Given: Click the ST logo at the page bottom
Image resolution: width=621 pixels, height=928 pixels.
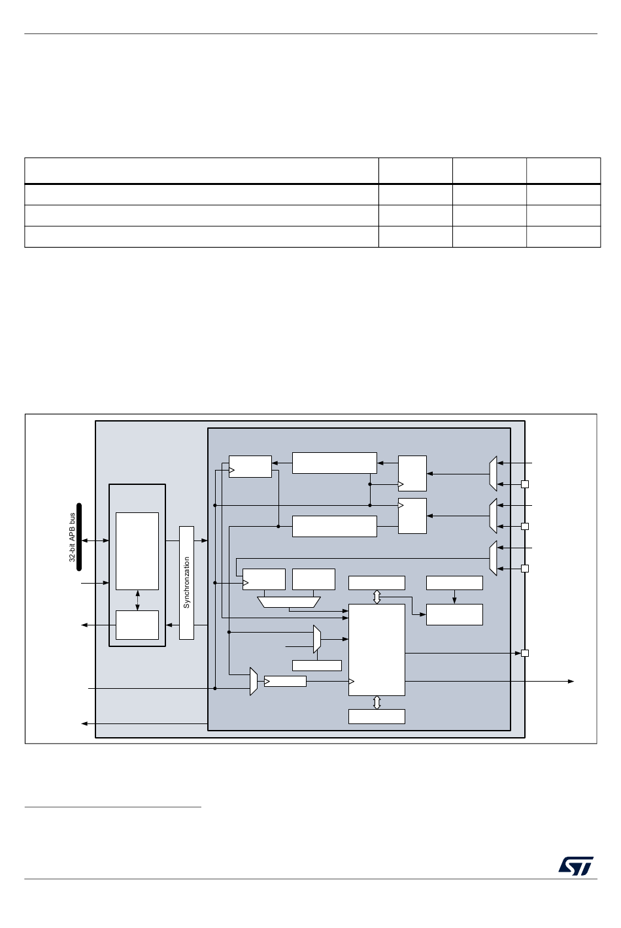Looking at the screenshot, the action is click(x=575, y=866).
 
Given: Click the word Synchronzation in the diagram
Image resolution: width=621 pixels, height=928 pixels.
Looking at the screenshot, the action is click(x=186, y=582).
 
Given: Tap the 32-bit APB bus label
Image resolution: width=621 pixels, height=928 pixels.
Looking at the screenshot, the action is click(x=72, y=537).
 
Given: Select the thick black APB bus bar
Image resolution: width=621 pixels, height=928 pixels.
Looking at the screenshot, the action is click(x=79, y=537).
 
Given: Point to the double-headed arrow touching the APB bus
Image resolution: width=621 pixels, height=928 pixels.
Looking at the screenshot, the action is click(x=95, y=540).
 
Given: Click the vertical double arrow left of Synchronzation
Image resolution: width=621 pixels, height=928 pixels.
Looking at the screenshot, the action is click(x=137, y=601).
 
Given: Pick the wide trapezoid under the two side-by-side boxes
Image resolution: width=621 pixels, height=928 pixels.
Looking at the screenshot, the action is click(x=289, y=602).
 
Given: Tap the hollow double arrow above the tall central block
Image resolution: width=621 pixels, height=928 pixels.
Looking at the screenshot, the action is click(x=377, y=597).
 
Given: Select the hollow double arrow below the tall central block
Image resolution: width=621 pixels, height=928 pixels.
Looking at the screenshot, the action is click(x=377, y=703).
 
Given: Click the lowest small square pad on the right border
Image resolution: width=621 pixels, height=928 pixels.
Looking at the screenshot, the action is click(x=524, y=654).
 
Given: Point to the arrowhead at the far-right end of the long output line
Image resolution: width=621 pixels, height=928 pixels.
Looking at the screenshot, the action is click(x=571, y=682).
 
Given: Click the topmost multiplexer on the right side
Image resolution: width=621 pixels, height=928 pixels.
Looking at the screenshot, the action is click(x=493, y=474).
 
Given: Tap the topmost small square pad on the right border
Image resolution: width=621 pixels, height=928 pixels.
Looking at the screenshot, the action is click(x=524, y=484).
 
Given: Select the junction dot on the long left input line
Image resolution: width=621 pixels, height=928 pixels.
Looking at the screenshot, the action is click(x=215, y=689).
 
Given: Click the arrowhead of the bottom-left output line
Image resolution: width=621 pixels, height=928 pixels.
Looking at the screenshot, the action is click(x=84, y=723).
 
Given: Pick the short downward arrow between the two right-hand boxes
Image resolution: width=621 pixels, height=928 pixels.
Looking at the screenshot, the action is click(x=454, y=597).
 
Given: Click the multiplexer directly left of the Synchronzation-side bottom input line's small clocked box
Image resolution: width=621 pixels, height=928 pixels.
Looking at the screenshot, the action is click(x=254, y=682).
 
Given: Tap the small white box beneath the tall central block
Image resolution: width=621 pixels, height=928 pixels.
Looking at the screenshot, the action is click(x=377, y=717).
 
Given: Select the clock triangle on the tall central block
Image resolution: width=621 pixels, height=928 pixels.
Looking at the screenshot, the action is click(x=351, y=682).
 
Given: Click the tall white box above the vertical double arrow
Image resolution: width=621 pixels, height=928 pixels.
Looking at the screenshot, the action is click(x=137, y=551).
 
